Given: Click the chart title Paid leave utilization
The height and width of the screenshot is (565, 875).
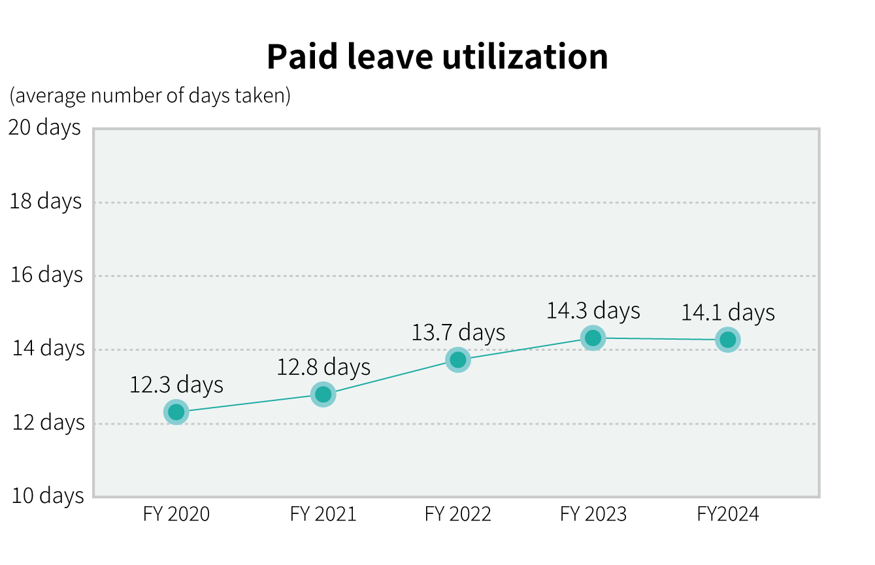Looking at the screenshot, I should pyautogui.click(x=437, y=57).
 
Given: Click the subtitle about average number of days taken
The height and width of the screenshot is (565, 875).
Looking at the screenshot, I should pyautogui.click(x=150, y=95).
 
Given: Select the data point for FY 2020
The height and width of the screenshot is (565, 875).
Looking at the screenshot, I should pyautogui.click(x=176, y=412).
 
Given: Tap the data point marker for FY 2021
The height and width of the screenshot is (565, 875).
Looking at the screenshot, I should pyautogui.click(x=323, y=395).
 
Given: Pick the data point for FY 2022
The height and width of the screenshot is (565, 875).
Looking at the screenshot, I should pyautogui.click(x=458, y=360).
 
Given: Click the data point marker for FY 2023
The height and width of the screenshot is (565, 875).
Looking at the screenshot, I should pyautogui.click(x=593, y=338).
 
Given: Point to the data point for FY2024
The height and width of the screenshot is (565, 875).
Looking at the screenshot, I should pyautogui.click(x=727, y=340).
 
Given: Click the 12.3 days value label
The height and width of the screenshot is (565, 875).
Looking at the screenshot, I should pyautogui.click(x=176, y=385).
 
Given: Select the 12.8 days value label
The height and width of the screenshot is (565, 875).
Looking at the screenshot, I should pyautogui.click(x=323, y=367).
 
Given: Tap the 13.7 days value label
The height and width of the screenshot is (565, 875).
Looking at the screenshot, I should pyautogui.click(x=458, y=332).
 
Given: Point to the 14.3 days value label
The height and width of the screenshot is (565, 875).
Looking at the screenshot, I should pyautogui.click(x=593, y=310).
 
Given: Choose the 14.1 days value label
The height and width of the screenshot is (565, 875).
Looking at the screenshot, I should pyautogui.click(x=728, y=312).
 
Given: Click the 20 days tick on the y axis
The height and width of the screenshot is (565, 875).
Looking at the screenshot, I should pyautogui.click(x=44, y=127).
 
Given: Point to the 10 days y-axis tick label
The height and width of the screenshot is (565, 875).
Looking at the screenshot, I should pyautogui.click(x=48, y=495).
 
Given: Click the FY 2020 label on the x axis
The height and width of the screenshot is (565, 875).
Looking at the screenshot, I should pyautogui.click(x=176, y=514).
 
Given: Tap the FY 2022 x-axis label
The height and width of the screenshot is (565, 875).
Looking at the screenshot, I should pyautogui.click(x=457, y=514).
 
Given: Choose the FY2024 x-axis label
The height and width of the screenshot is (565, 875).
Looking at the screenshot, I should pyautogui.click(x=728, y=514).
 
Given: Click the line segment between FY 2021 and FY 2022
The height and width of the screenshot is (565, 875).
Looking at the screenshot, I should pyautogui.click(x=391, y=377).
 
